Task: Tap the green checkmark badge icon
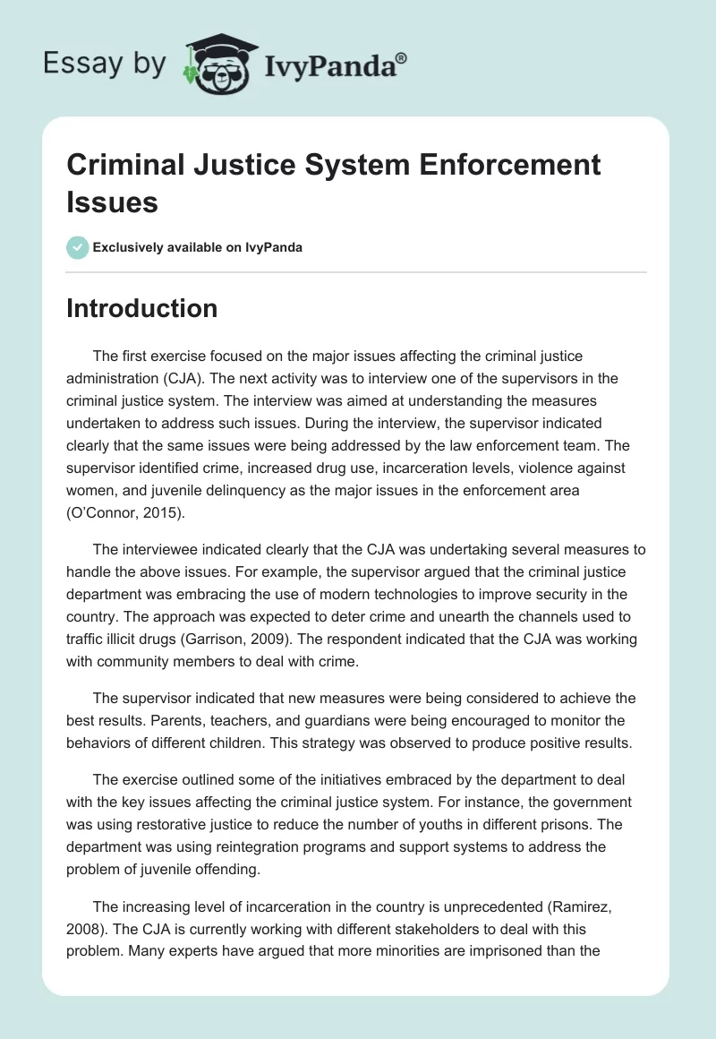click(77, 247)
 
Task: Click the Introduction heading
click(142, 308)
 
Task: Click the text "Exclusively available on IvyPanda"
click(198, 247)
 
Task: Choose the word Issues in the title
click(112, 202)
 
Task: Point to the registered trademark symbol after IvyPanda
click(402, 56)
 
